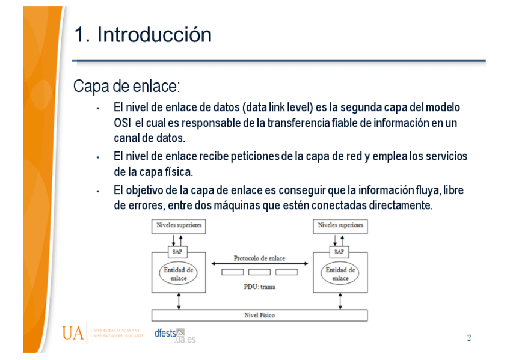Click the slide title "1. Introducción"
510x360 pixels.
143,35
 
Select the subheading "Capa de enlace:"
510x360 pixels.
126,87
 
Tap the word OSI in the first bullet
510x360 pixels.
121,123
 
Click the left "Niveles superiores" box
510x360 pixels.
179,225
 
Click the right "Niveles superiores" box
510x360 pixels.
340,225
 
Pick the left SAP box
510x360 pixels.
177,252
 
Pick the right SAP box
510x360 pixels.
339,252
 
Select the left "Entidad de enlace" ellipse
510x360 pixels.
178,274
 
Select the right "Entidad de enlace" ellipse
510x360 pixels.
340,274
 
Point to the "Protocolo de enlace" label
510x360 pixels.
259,258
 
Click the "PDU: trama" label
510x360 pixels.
259,287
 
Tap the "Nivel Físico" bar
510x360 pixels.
259,315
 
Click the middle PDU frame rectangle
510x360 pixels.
259,272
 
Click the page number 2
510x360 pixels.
469,338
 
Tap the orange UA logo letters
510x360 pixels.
73,333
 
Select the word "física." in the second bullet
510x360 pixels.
176,172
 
